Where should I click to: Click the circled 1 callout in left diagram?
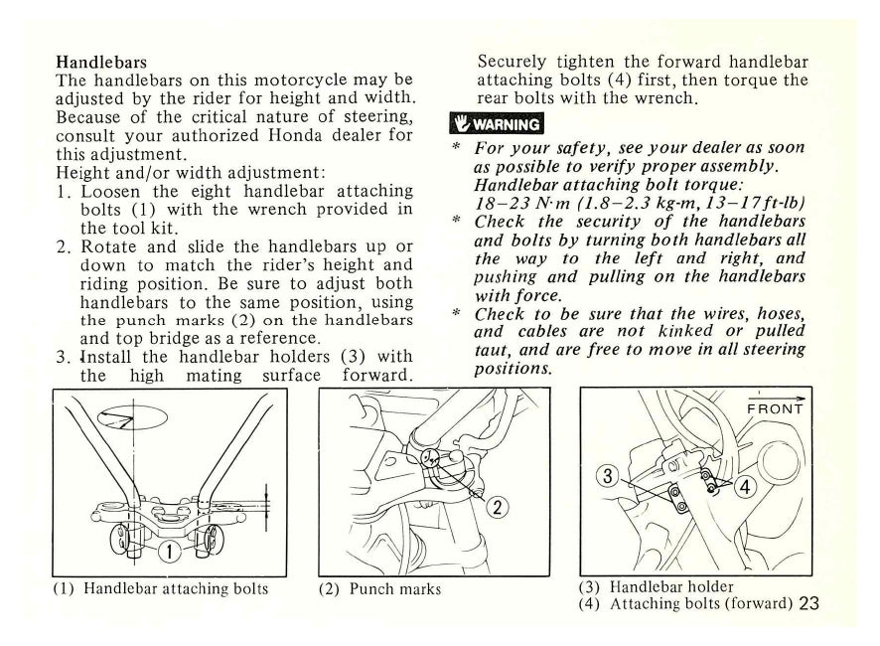pyautogui.click(x=171, y=551)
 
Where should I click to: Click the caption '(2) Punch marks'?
pyautogui.click(x=380, y=588)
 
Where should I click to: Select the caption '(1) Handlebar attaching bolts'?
pyautogui.click(x=160, y=588)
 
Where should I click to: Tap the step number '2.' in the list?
pyautogui.click(x=65, y=245)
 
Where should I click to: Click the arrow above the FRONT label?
pyautogui.click(x=784, y=396)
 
